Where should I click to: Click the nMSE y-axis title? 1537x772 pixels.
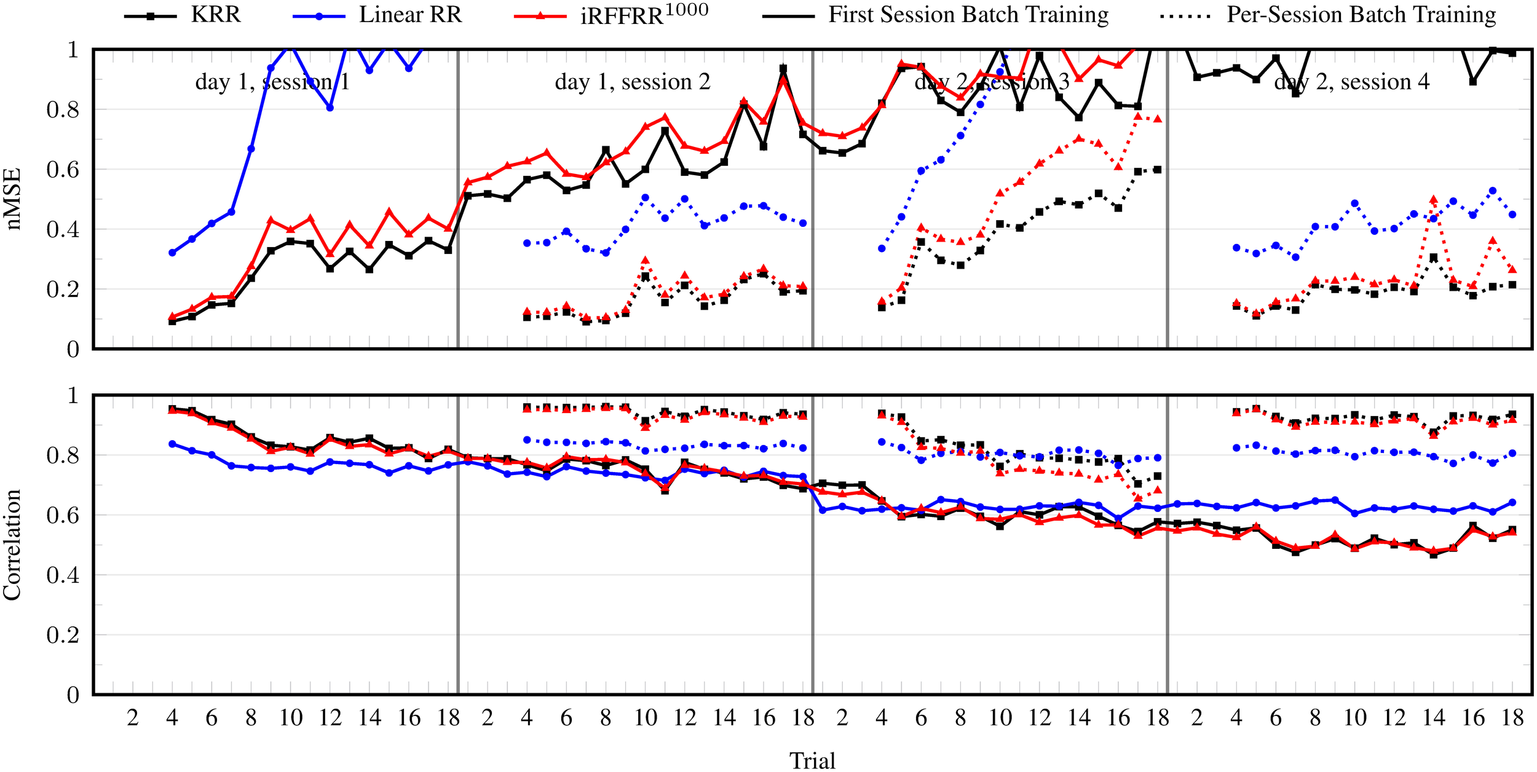coord(14,199)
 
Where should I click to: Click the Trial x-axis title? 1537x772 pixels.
coord(812,760)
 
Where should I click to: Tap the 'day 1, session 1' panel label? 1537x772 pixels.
coord(272,82)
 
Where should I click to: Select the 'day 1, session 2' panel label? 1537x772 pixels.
coord(632,82)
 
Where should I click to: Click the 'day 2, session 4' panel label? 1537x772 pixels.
coord(1351,82)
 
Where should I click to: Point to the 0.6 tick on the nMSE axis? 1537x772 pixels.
coord(63,170)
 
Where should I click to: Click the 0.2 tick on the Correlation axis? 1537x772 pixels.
coord(63,635)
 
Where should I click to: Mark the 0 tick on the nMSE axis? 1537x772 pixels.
coord(73,349)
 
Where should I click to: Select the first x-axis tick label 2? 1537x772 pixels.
coord(133,717)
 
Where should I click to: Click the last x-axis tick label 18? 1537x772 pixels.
coord(1512,717)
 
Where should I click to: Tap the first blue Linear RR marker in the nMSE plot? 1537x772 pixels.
coord(172,253)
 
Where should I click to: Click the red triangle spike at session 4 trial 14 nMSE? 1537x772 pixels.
coord(1433,200)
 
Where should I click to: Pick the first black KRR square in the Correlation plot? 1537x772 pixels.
coord(172,409)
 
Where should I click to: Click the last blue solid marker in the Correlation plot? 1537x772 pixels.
coord(1512,502)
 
